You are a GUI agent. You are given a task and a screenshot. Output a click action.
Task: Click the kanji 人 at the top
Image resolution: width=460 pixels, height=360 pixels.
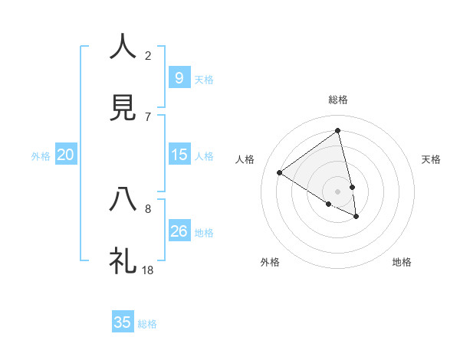pyautogui.click(x=123, y=47)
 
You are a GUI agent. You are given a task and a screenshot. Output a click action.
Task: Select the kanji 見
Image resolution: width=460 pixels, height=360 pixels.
pyautogui.click(x=123, y=108)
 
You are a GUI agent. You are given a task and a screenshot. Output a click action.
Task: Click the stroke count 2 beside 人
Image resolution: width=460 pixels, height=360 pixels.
pyautogui.click(x=148, y=55)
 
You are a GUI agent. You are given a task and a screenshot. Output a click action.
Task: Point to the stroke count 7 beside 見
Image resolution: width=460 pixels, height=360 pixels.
pyautogui.click(x=148, y=116)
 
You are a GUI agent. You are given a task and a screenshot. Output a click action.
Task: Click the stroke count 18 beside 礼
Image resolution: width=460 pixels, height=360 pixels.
pyautogui.click(x=148, y=270)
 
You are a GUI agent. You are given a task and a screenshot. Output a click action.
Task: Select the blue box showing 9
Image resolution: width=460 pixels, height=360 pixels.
pyautogui.click(x=179, y=77)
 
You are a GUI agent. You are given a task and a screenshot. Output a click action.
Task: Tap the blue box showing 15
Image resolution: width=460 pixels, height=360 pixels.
pyautogui.click(x=179, y=154)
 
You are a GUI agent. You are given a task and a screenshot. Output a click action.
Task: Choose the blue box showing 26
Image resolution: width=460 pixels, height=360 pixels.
pyautogui.click(x=179, y=231)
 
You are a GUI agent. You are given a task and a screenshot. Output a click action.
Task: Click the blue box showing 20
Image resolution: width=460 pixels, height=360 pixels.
pyautogui.click(x=66, y=155)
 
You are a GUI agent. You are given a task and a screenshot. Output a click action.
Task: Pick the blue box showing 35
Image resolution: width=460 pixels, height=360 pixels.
pyautogui.click(x=123, y=322)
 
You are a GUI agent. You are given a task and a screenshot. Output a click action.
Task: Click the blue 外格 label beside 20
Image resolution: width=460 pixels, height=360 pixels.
pyautogui.click(x=41, y=155)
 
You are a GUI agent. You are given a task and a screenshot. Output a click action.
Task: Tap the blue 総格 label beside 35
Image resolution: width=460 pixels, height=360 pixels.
pyautogui.click(x=147, y=324)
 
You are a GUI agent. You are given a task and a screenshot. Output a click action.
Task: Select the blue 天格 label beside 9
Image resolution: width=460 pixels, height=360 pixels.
pyautogui.click(x=204, y=79)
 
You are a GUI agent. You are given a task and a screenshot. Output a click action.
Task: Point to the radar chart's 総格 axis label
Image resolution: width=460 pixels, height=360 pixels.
pyautogui.click(x=337, y=100)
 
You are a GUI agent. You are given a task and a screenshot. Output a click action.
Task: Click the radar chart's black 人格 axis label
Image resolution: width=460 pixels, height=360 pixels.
pyautogui.click(x=245, y=159)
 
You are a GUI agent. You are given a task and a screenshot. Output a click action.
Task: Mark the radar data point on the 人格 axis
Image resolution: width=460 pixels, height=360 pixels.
pyautogui.click(x=280, y=172)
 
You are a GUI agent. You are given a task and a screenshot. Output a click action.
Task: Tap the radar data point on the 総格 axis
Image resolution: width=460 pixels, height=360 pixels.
pyautogui.click(x=337, y=131)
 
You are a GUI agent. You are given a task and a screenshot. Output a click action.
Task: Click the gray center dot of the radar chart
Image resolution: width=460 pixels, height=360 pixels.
pyautogui.click(x=337, y=191)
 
